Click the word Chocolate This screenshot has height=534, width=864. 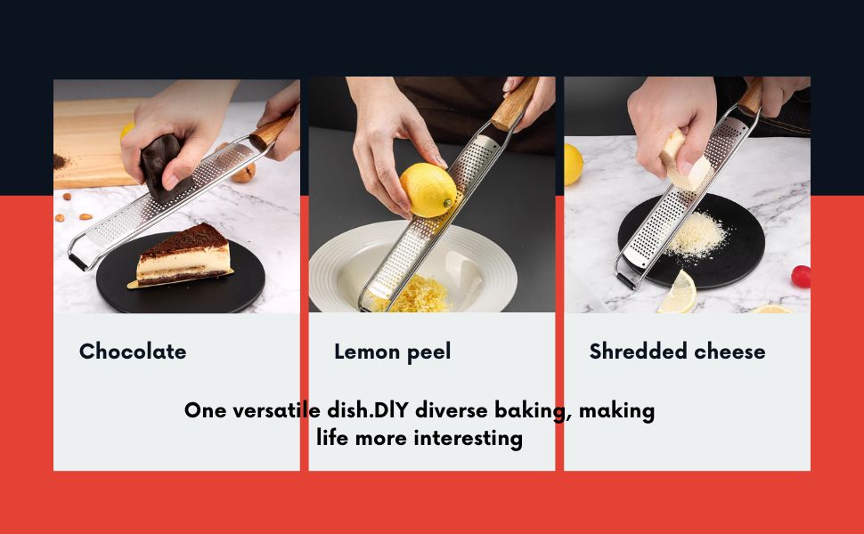coord(133,352)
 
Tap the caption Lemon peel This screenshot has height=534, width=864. coord(392,352)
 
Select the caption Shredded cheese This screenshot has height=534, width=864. coord(677,352)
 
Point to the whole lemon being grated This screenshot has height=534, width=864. coord(428,189)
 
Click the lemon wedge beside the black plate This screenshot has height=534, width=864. coord(679,294)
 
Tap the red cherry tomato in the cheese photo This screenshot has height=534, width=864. coord(801,277)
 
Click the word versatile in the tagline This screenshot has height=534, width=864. coord(278,411)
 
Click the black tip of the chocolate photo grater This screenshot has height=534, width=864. coord(78,263)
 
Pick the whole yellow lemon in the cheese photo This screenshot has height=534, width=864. coord(572,164)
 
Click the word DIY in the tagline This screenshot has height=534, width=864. coord(391,411)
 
